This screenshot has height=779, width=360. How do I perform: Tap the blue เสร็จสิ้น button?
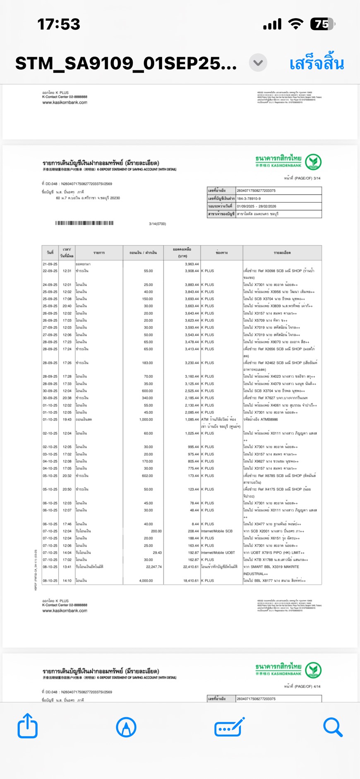click(x=317, y=63)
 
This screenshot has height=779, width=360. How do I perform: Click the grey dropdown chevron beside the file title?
click(x=258, y=63)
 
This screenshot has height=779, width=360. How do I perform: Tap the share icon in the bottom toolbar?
click(x=28, y=726)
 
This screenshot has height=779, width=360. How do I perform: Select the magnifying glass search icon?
click(x=333, y=727)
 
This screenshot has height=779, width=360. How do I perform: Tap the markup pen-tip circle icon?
click(x=126, y=727)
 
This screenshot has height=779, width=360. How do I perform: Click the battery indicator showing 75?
click(x=322, y=24)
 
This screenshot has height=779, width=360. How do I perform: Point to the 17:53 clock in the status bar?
click(x=59, y=24)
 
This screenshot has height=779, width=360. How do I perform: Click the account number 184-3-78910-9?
click(x=249, y=198)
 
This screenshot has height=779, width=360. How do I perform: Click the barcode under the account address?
click(x=84, y=223)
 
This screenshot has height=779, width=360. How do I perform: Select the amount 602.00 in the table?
click(x=147, y=476)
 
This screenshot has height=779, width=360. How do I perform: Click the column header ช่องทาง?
click(x=222, y=252)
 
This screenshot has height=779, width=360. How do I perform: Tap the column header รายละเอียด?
click(x=282, y=252)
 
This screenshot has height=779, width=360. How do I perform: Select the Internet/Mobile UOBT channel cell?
click(x=218, y=553)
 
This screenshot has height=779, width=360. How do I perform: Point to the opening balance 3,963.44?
click(x=192, y=264)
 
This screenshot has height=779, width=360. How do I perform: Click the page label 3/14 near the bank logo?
click(x=317, y=178)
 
